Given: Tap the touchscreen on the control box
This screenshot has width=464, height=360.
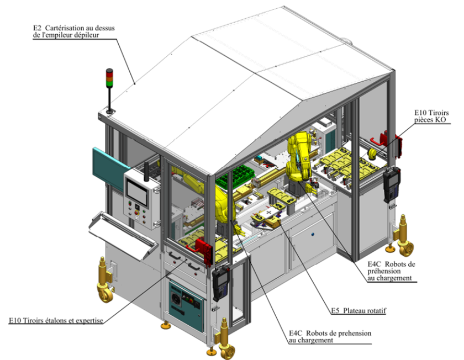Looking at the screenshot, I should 137,190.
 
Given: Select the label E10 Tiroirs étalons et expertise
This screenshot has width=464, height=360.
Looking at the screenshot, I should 56,320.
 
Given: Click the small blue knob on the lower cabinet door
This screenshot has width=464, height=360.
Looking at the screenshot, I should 312,234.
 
